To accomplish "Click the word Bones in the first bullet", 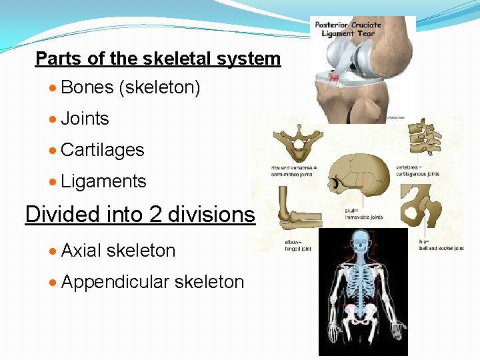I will point(87,87).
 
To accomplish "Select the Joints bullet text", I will point(85,119).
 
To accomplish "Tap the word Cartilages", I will point(102,150).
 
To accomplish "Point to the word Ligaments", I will point(103,181).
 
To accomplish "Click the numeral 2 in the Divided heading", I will point(155,215).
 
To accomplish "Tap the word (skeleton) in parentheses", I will point(159,87).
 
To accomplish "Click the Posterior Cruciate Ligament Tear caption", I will point(348,29).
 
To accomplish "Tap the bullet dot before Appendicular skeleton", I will point(53,283).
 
